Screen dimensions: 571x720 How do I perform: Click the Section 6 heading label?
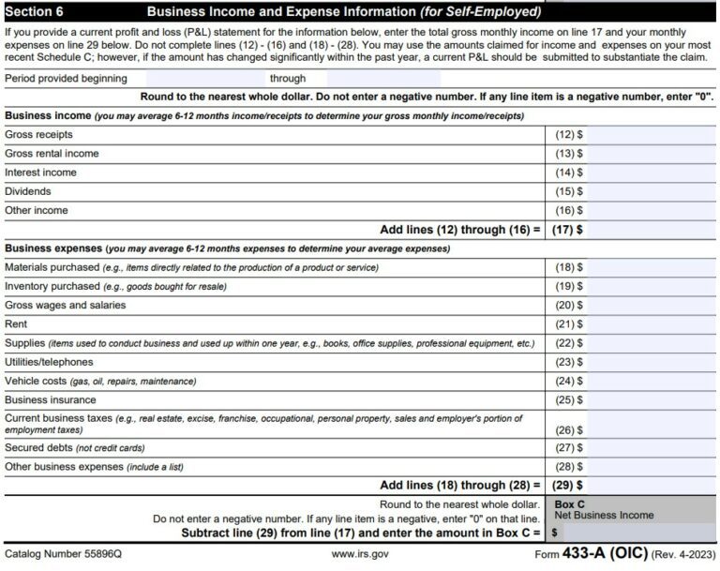pyautogui.click(x=35, y=12)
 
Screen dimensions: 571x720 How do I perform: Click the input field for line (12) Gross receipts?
pyautogui.click(x=651, y=135)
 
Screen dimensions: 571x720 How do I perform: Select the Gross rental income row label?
pyautogui.click(x=52, y=154)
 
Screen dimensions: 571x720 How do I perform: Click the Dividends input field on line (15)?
pyautogui.click(x=651, y=191)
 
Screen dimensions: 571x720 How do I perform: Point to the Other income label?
pyautogui.click(x=37, y=210)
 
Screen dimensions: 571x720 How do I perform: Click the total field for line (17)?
pyautogui.click(x=651, y=229)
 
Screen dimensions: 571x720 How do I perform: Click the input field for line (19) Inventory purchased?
pyautogui.click(x=651, y=286)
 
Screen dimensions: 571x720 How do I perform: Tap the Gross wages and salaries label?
pyautogui.click(x=65, y=305)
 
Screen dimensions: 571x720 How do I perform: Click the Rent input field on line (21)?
pyautogui.click(x=651, y=324)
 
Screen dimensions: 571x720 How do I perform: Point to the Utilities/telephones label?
pyautogui.click(x=49, y=362)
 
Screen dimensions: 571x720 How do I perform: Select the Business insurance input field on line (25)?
pyautogui.click(x=651, y=400)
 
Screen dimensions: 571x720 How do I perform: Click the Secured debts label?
pyautogui.click(x=39, y=447)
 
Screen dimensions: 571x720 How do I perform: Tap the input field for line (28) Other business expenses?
pyautogui.click(x=651, y=466)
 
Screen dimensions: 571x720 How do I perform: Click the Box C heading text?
pyautogui.click(x=570, y=503)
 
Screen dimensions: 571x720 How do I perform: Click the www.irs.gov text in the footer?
pyautogui.click(x=359, y=554)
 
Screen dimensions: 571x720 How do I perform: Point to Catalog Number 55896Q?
pyautogui.click(x=63, y=554)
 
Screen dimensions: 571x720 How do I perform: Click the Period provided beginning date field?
pyautogui.click(x=202, y=79)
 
